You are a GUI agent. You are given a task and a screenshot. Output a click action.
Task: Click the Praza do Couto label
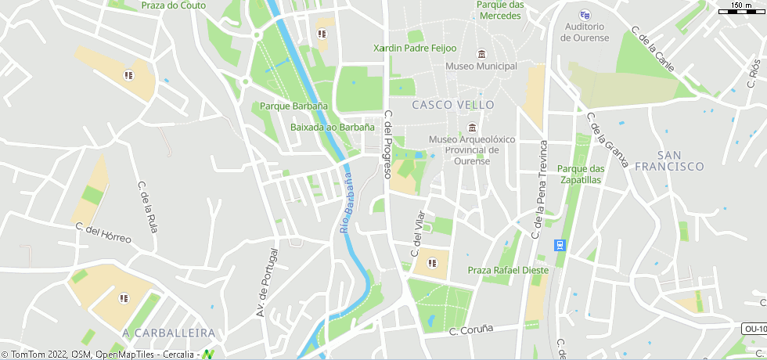click(x=173, y=5)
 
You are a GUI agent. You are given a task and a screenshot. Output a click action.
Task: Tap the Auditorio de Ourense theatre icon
click(x=585, y=14)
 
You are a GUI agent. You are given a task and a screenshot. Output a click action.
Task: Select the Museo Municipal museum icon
click(x=481, y=53)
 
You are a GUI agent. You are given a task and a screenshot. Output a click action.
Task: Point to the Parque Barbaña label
click(x=293, y=106)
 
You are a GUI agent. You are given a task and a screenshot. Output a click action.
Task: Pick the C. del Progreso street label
click(x=387, y=144)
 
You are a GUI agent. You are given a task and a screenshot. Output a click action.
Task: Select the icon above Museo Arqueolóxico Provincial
click(x=471, y=128)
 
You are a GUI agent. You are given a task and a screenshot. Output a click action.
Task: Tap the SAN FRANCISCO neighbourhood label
click(x=669, y=160)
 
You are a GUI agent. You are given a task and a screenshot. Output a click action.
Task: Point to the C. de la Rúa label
click(x=147, y=207)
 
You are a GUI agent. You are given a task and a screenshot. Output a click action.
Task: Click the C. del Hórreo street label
click(x=103, y=232)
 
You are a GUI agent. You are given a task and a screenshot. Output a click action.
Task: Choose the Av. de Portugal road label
click(x=267, y=283)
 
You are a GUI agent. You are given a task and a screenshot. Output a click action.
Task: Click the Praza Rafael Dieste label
click(x=508, y=271)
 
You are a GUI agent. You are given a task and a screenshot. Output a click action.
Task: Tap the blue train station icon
click(x=560, y=245)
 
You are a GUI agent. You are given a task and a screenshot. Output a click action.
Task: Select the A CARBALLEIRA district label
click(x=168, y=333)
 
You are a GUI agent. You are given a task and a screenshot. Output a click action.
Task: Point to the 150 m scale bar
click(x=740, y=9)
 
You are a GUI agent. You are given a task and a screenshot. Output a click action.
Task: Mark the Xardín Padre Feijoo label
click(x=415, y=48)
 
